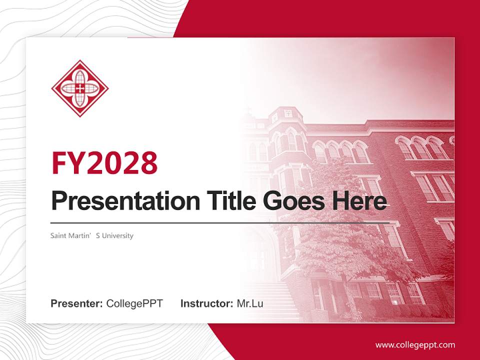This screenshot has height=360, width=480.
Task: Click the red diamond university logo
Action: click(x=80, y=88)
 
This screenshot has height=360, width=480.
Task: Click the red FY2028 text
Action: click(x=104, y=163)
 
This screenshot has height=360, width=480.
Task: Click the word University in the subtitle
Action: click(x=117, y=235)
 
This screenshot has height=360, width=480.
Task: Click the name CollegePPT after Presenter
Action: click(x=134, y=303)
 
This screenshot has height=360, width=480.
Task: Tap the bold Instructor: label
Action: click(x=206, y=303)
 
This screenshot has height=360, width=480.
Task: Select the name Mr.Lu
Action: click(x=250, y=303)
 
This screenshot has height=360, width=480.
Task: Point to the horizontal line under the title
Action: click(x=220, y=222)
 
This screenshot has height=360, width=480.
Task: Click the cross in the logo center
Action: click(x=80, y=88)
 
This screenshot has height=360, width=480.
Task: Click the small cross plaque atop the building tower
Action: click(x=288, y=113)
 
